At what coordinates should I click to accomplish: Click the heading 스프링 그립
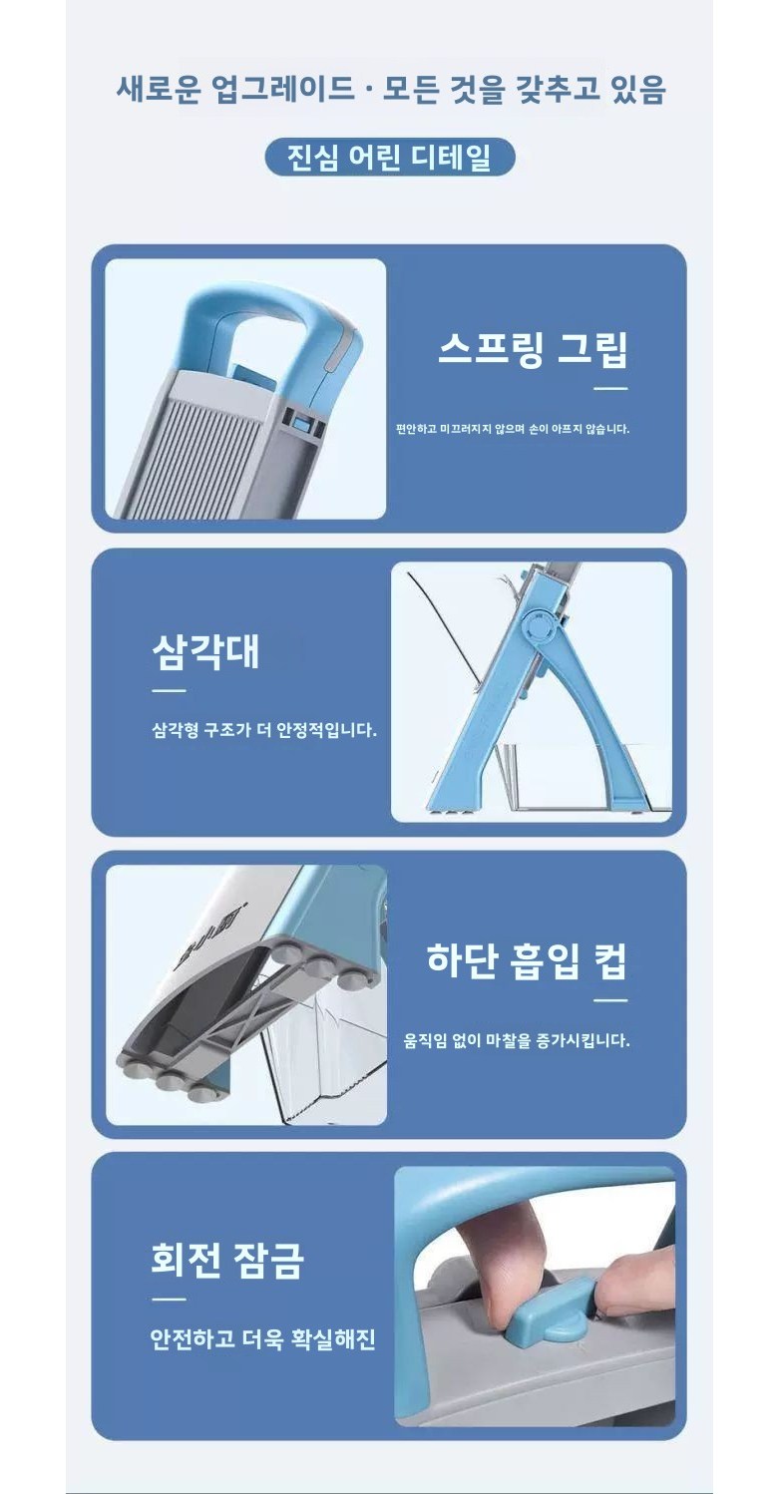pyautogui.click(x=533, y=349)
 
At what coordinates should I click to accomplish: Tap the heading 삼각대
pyautogui.click(x=205, y=651)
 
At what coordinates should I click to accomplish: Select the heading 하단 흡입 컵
pyautogui.click(x=527, y=960)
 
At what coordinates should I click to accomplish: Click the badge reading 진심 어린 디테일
pyautogui.click(x=390, y=158)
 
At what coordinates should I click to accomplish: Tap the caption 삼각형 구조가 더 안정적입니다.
pyautogui.click(x=264, y=730)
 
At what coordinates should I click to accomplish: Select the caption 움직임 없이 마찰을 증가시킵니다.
pyautogui.click(x=517, y=1040)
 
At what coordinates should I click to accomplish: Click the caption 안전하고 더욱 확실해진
pyautogui.click(x=262, y=1338)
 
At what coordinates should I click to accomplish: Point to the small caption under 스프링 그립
pyautogui.click(x=513, y=429)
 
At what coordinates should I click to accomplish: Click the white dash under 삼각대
pyautogui.click(x=169, y=691)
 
